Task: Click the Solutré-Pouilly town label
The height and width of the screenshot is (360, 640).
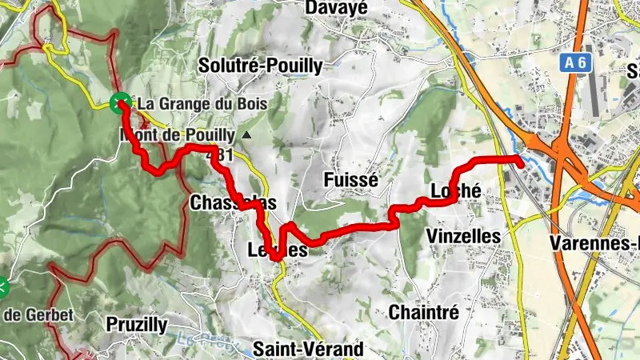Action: [260, 66]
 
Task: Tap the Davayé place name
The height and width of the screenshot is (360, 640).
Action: [336, 8]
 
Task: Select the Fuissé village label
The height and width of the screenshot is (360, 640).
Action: [350, 181]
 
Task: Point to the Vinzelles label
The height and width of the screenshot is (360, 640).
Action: [463, 236]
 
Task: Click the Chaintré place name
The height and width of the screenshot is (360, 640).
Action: [423, 313]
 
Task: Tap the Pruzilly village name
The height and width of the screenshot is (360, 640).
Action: [136, 324]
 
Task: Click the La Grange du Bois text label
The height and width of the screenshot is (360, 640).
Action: [202, 104]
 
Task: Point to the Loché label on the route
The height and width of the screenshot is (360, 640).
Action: [455, 192]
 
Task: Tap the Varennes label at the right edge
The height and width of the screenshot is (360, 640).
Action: [596, 242]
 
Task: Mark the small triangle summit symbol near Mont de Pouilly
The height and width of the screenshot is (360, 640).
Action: [247, 135]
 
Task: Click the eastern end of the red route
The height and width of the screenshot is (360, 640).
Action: [521, 162]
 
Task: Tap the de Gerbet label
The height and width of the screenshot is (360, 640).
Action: [38, 314]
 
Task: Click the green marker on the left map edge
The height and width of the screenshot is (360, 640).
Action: [2, 286]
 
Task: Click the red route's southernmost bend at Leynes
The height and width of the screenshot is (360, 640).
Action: [277, 258]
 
